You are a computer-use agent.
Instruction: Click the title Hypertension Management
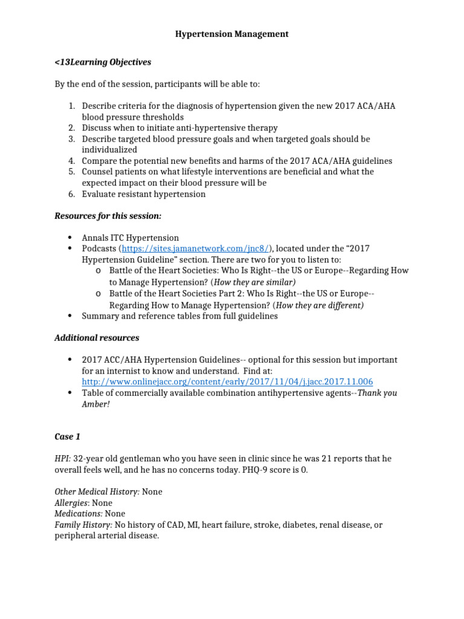coord(231,34)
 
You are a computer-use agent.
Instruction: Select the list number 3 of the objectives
coord(71,139)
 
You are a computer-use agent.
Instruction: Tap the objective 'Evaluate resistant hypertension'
coord(144,194)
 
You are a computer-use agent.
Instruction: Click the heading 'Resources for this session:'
coord(108,216)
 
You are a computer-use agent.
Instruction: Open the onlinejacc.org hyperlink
coord(227,382)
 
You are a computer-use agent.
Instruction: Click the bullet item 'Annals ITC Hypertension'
coord(130,238)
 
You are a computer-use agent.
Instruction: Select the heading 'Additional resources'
coord(97,338)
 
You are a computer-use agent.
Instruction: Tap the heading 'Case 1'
coord(67,436)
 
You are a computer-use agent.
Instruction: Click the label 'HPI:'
coord(63,459)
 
